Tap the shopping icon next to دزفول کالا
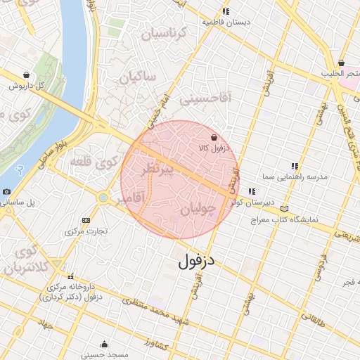coord(214,138)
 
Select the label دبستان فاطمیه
coord(226,22)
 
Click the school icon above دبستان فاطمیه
coord(226,11)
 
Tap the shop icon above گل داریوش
coord(27,75)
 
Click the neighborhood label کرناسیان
coord(164,34)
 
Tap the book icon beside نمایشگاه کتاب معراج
coord(284,209)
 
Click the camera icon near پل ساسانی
coord(6,192)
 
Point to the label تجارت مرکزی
coord(85,231)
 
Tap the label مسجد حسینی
coord(105,355)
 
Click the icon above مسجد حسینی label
coord(105,345)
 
